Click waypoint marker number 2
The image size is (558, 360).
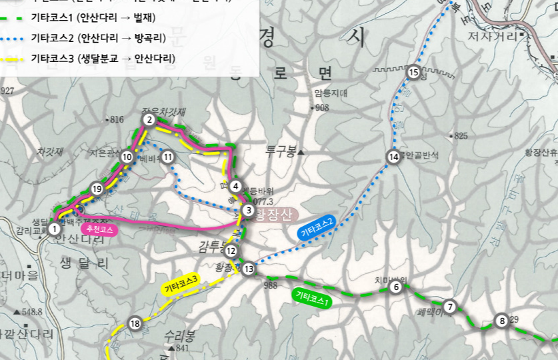point(149,120)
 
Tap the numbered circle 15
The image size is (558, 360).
point(413,73)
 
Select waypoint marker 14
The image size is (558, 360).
point(393,157)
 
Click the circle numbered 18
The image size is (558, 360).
point(135,324)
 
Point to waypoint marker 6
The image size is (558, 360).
point(396,287)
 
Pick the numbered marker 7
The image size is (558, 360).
point(450,307)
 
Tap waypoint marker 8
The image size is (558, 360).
point(502,321)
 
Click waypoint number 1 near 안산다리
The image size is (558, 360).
point(54,229)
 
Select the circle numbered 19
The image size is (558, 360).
point(97,189)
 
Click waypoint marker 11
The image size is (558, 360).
point(167,157)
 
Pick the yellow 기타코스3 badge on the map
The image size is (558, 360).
point(180,285)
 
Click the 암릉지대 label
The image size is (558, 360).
point(330,94)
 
